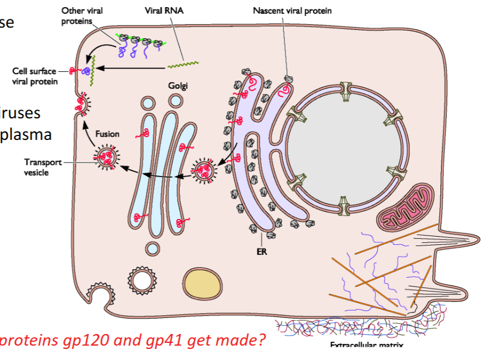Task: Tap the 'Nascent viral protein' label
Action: point(292,11)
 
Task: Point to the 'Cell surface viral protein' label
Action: point(34,76)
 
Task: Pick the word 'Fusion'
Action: point(107,133)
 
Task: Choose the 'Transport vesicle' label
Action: point(36,167)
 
